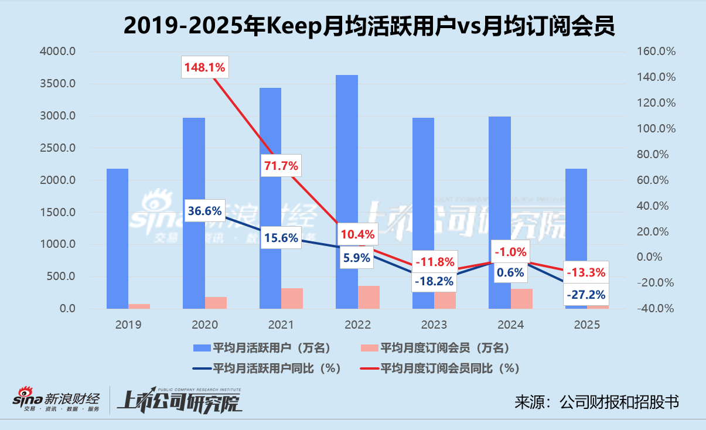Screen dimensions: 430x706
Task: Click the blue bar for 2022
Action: (346, 176)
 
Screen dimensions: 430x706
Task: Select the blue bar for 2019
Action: (117, 234)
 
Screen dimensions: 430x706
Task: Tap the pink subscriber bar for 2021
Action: (292, 298)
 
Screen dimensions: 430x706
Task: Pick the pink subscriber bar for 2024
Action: (521, 298)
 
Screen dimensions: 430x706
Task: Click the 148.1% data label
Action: (204, 67)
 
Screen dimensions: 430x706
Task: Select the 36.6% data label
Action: (204, 212)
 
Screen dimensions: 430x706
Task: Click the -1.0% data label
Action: (510, 252)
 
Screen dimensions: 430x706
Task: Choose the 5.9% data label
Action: (357, 257)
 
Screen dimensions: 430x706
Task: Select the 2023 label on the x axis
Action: (433, 324)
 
